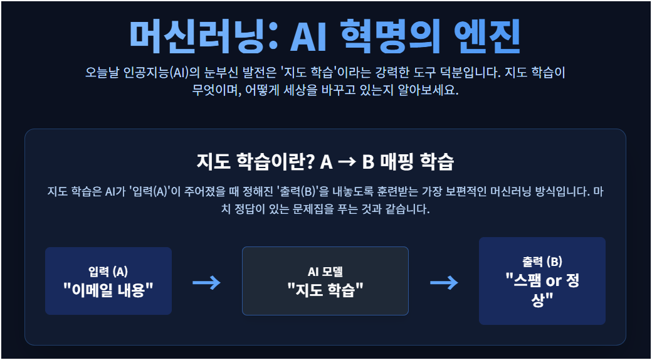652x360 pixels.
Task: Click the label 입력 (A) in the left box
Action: coord(108,272)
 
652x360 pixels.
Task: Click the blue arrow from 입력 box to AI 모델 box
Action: coord(206,283)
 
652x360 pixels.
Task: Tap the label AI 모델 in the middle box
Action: coord(325,272)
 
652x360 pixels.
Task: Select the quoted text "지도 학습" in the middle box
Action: coord(325,290)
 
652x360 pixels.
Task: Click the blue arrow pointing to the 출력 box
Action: coord(444,283)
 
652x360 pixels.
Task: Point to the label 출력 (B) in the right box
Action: coord(542,262)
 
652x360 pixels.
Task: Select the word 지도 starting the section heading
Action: coord(210,161)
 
